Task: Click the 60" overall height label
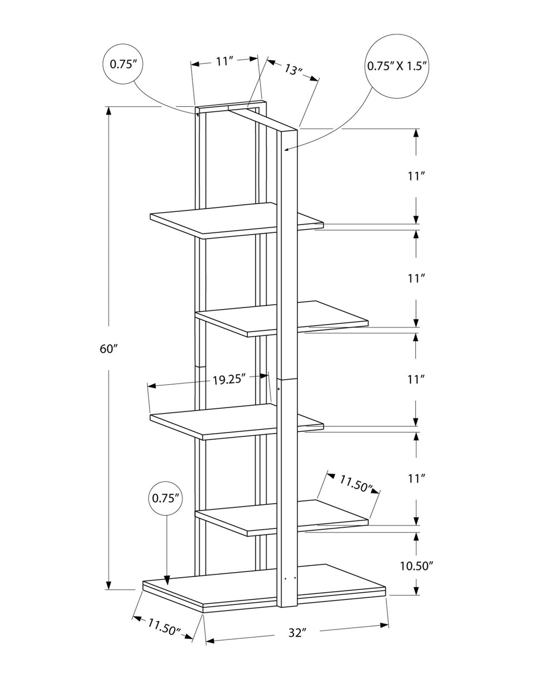pyautogui.click(x=109, y=349)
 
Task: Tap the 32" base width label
pyautogui.click(x=297, y=632)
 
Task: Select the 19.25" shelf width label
pyautogui.click(x=229, y=379)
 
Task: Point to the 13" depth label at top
pyautogui.click(x=293, y=70)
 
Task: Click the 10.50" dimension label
pyautogui.click(x=416, y=566)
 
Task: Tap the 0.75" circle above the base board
pyautogui.click(x=167, y=498)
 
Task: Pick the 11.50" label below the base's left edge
pyautogui.click(x=163, y=627)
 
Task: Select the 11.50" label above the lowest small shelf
pyautogui.click(x=356, y=484)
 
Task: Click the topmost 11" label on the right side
pyautogui.click(x=416, y=176)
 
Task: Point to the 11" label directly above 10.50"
pyautogui.click(x=416, y=478)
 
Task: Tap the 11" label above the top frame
pyautogui.click(x=224, y=61)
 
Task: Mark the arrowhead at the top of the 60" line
pyautogui.click(x=109, y=111)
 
